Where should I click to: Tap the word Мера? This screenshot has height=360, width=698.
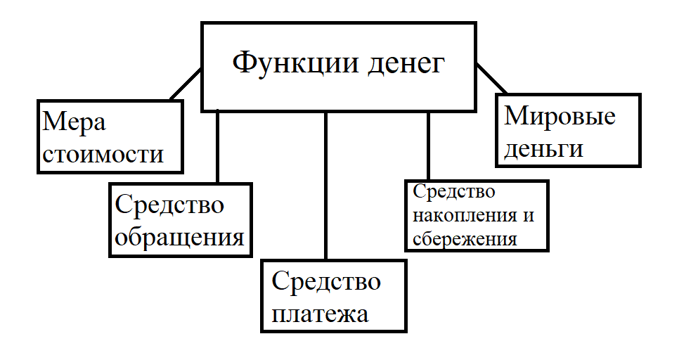[x=75, y=122]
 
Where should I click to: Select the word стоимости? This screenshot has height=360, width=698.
[x=103, y=153]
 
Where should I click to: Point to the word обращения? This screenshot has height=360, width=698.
[x=179, y=236]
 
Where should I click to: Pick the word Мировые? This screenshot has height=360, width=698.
[x=560, y=116]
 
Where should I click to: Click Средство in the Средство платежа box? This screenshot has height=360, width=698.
[x=326, y=281]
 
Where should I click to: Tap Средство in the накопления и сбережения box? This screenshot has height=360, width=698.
[x=453, y=192]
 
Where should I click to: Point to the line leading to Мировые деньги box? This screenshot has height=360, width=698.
[x=491, y=77]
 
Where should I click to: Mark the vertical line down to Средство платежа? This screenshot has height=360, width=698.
[x=326, y=186]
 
